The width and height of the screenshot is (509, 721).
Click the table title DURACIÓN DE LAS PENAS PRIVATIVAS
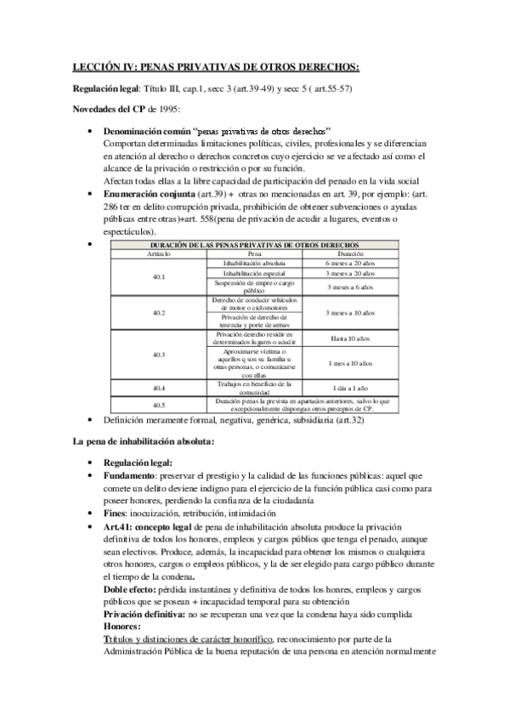pyautogui.click(x=254, y=245)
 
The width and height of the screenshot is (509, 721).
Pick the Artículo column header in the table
pyautogui.click(x=158, y=253)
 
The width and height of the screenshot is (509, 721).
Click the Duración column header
pyautogui.click(x=349, y=253)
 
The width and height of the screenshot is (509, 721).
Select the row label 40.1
pyautogui.click(x=158, y=277)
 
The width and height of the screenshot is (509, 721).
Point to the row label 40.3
pyautogui.click(x=158, y=354)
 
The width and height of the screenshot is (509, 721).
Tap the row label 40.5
pyautogui.click(x=158, y=406)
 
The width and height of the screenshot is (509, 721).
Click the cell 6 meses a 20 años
pyautogui.click(x=349, y=264)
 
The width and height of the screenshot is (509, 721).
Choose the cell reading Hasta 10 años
pyautogui.click(x=349, y=338)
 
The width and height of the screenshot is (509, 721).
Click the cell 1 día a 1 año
pyautogui.click(x=349, y=388)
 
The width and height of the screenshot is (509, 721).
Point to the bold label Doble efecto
pyautogui.click(x=133, y=589)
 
